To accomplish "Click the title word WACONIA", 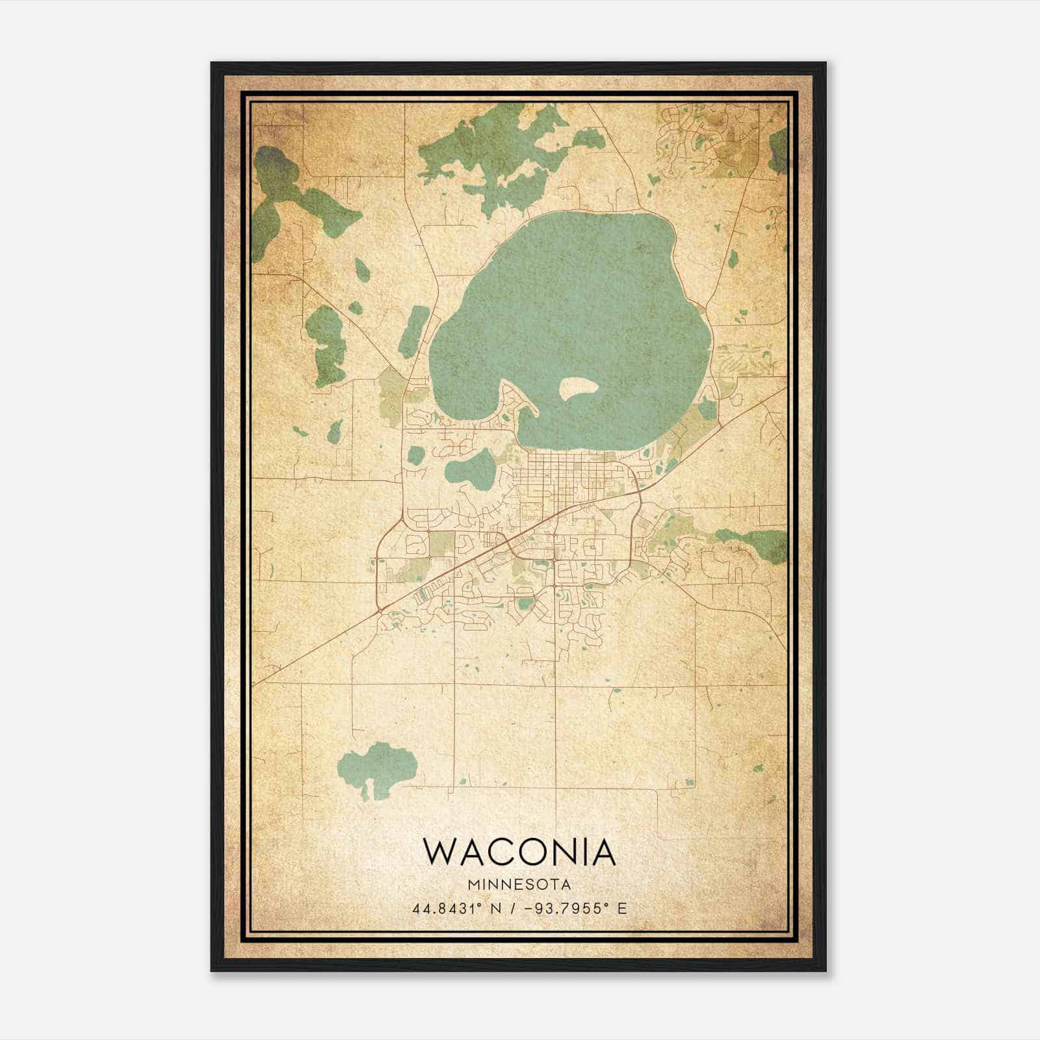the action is (x=519, y=852).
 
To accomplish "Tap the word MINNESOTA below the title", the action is (x=519, y=885).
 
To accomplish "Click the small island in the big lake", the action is (x=578, y=389).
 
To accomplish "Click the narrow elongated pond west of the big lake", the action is (x=413, y=332).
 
